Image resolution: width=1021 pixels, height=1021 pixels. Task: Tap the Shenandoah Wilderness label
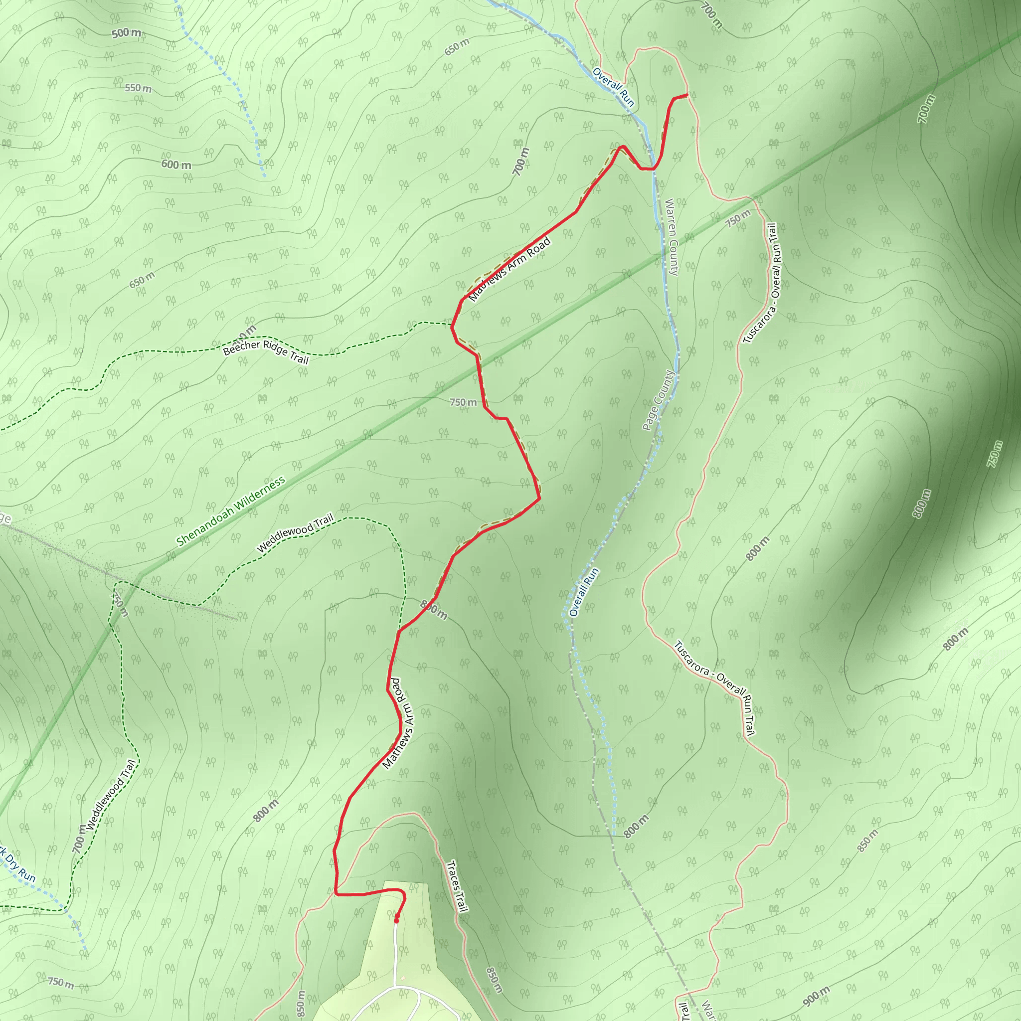click(230, 511)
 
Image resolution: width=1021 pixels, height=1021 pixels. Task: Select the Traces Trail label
click(458, 886)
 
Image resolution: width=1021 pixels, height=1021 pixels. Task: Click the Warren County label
click(671, 237)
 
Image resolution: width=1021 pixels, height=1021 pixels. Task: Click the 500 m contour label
click(127, 33)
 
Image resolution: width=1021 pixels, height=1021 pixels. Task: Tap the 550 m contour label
click(138, 88)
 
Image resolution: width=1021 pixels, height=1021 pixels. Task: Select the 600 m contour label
click(176, 165)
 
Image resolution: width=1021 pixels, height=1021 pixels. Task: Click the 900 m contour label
click(817, 996)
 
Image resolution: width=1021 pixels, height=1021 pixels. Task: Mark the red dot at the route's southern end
click(396, 920)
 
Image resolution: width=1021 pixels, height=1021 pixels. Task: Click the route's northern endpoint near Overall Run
click(686, 95)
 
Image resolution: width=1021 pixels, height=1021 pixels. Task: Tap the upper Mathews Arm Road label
click(510, 270)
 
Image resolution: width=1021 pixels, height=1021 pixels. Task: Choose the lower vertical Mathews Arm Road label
click(399, 723)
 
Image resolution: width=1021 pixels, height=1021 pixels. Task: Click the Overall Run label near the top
click(613, 87)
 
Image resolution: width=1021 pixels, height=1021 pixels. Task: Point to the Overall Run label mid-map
click(584, 592)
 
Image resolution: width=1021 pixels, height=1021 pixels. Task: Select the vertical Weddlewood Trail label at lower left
click(112, 795)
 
